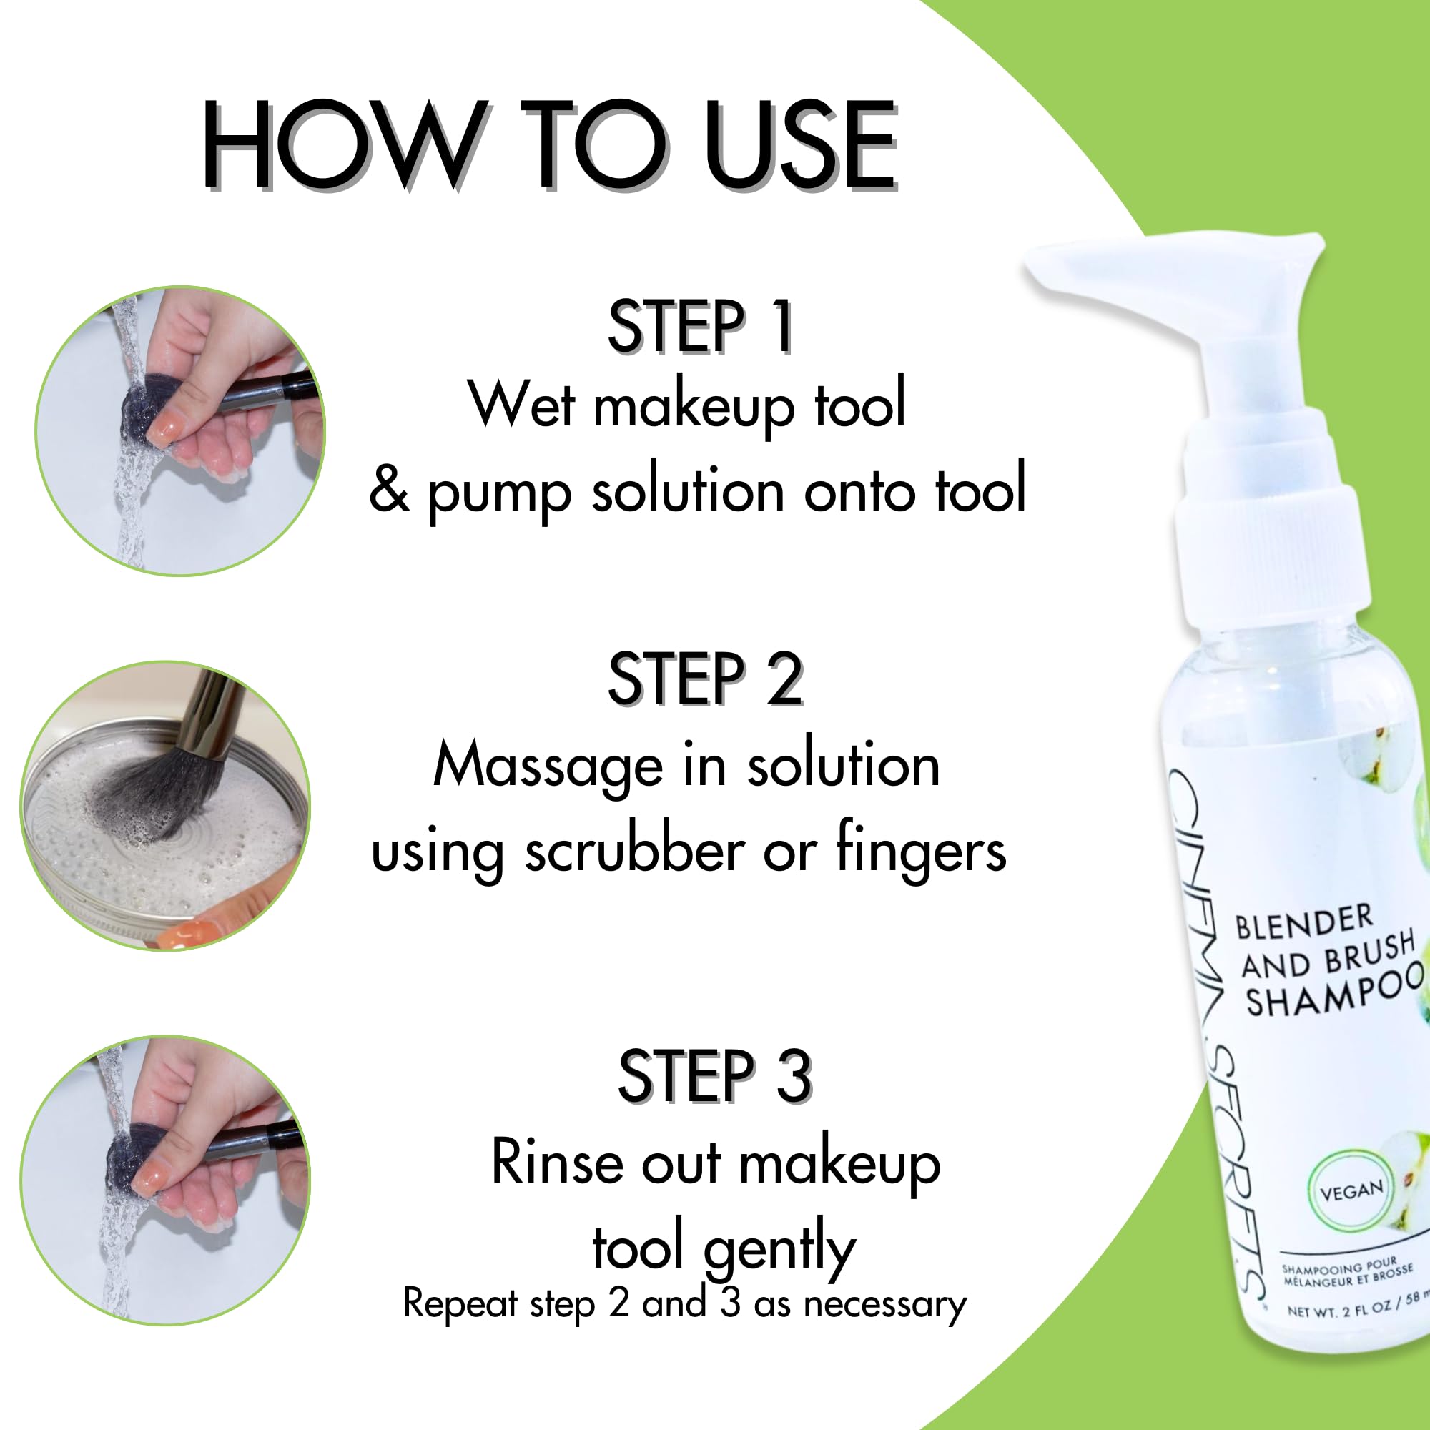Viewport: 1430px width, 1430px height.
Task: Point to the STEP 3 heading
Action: [x=714, y=1076]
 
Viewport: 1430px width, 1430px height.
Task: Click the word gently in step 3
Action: [x=779, y=1249]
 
